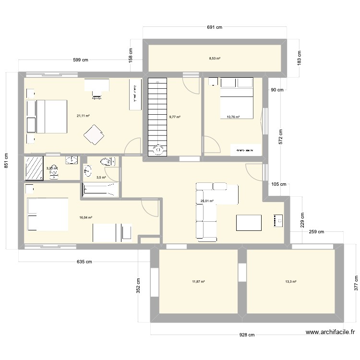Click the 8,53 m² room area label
(215, 59)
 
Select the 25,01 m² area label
(207, 201)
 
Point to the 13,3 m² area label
(290, 282)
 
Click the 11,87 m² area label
(199, 282)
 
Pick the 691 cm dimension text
(215, 27)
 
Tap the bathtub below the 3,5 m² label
(100, 190)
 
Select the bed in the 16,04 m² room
(48, 214)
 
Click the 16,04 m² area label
(86, 217)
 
